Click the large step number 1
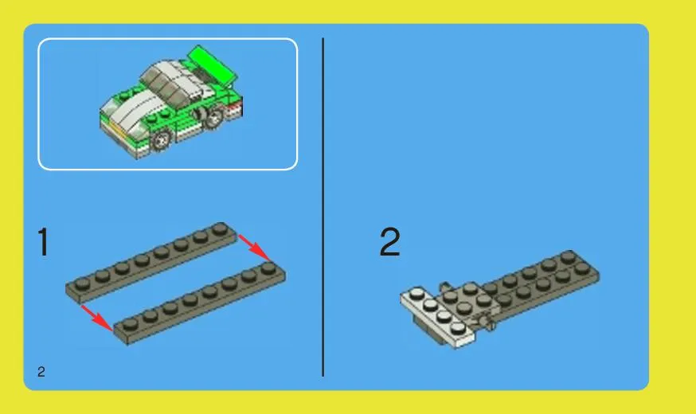click(x=43, y=242)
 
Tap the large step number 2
click(x=389, y=242)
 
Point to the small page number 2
click(x=41, y=371)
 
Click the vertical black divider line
click(x=323, y=207)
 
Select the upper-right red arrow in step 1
click(x=254, y=248)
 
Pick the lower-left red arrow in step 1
click(x=97, y=318)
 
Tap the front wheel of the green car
click(x=161, y=139)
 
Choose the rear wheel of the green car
click(x=213, y=118)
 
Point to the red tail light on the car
click(x=235, y=107)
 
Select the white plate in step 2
click(x=438, y=316)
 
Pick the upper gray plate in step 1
click(x=151, y=264)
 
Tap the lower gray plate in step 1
click(x=200, y=303)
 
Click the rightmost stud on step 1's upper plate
click(x=220, y=229)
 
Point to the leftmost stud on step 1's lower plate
click(x=130, y=325)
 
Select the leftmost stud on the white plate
click(x=417, y=293)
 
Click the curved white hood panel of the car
click(x=130, y=110)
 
